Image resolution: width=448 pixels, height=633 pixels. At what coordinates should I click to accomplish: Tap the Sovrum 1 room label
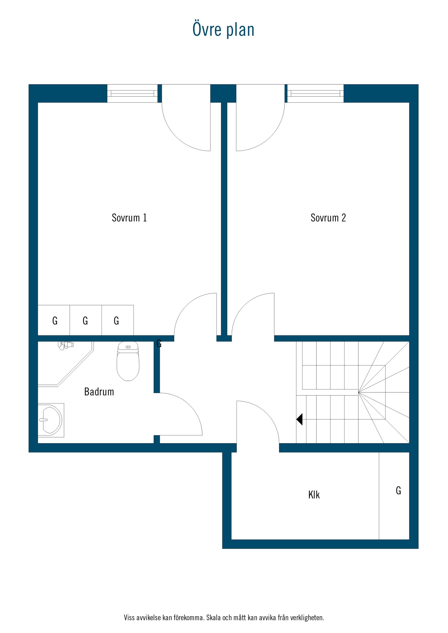129,218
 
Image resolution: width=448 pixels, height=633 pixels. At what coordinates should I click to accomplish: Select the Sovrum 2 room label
328,218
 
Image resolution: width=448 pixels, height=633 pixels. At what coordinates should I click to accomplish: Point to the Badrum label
99,392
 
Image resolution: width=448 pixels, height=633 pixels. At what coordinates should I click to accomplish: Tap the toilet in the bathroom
128,361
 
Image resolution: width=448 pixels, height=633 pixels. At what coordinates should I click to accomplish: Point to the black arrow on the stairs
299,419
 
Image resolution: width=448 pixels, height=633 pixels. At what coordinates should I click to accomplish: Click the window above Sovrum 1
132,94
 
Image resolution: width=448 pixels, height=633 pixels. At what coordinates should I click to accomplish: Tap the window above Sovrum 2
316,94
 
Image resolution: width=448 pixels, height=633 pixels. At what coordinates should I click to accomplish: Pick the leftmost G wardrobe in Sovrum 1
55,321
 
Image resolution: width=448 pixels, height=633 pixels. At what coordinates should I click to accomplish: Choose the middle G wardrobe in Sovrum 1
85,321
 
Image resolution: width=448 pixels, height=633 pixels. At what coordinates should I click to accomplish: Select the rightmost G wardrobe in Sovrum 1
116,321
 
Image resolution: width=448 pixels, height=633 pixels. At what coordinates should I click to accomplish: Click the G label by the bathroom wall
159,344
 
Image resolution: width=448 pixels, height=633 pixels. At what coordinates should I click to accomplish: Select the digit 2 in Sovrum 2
343,218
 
